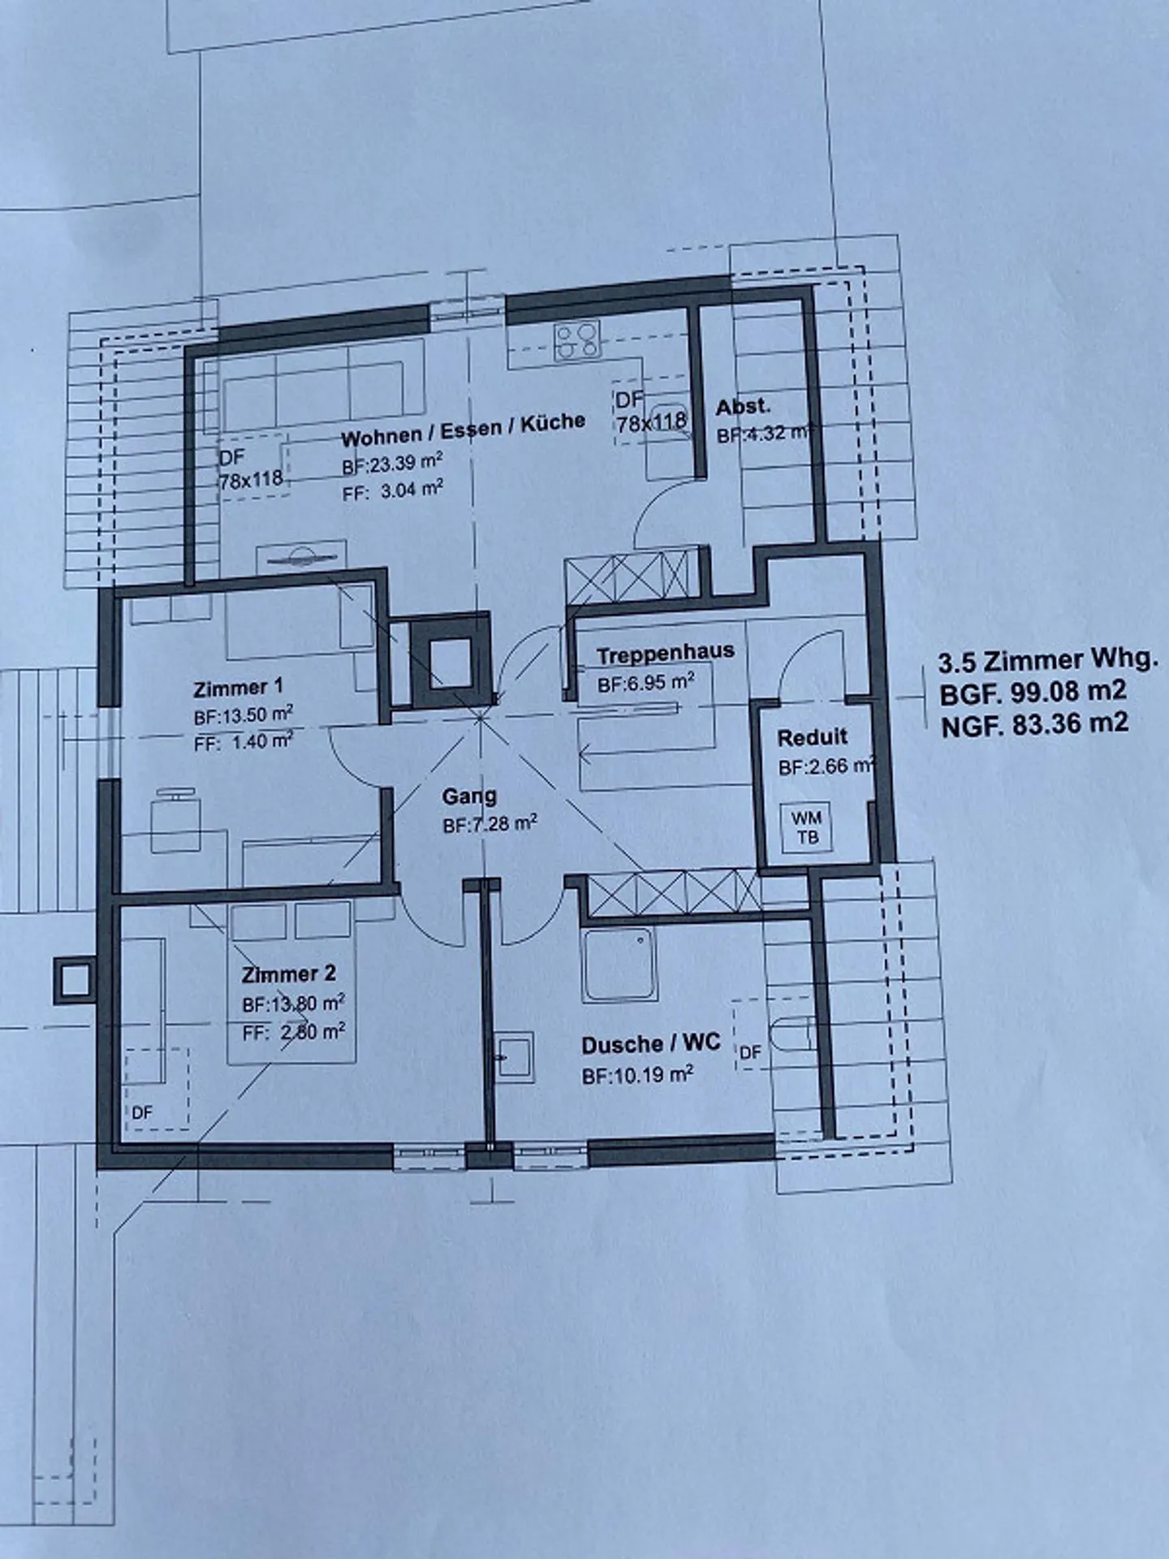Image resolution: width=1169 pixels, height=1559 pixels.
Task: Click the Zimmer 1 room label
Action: point(238,688)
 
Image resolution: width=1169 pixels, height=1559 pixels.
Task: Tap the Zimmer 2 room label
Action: point(288,973)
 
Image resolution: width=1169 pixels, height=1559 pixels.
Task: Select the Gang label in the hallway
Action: point(468,797)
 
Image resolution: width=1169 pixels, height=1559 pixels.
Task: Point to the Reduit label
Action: point(812,737)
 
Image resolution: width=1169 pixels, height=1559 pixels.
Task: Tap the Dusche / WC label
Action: point(650,1043)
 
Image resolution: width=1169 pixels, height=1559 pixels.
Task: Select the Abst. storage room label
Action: point(743,407)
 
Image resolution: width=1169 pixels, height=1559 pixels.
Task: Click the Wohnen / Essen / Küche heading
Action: point(463,431)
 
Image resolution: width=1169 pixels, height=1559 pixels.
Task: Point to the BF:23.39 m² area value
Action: point(391,463)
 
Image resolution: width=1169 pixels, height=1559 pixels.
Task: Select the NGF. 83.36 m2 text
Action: point(1034,723)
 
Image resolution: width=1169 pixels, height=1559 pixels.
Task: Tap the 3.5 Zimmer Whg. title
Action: point(1046,660)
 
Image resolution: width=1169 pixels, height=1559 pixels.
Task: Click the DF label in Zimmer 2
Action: point(142,1112)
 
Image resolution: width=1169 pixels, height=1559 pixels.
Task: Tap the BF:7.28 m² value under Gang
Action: point(490,826)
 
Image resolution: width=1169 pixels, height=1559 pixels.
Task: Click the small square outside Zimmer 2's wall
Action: point(73,979)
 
